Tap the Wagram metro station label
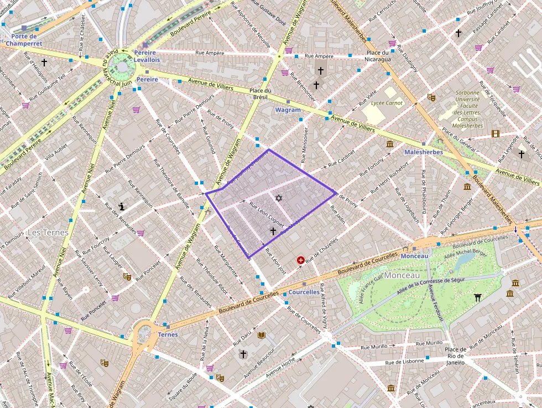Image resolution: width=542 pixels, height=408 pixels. tap(288, 110)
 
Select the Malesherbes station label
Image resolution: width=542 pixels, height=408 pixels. tap(423, 152)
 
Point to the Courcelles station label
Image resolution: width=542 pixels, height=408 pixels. tap(304, 292)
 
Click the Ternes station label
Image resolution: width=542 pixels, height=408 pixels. tap(168, 334)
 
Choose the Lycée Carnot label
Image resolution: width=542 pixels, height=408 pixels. tap(387, 103)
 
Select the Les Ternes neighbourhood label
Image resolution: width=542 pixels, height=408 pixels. tap(48, 232)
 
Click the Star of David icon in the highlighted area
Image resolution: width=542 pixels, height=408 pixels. tap(279, 198)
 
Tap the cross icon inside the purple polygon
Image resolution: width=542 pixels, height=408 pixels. tap(272, 231)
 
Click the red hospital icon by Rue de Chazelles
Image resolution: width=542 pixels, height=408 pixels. tap(301, 259)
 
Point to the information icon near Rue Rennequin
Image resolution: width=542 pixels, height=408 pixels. tap(122, 206)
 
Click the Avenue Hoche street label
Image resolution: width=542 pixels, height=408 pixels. tap(282, 370)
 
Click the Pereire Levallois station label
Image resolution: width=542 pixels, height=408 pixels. tap(147, 55)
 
